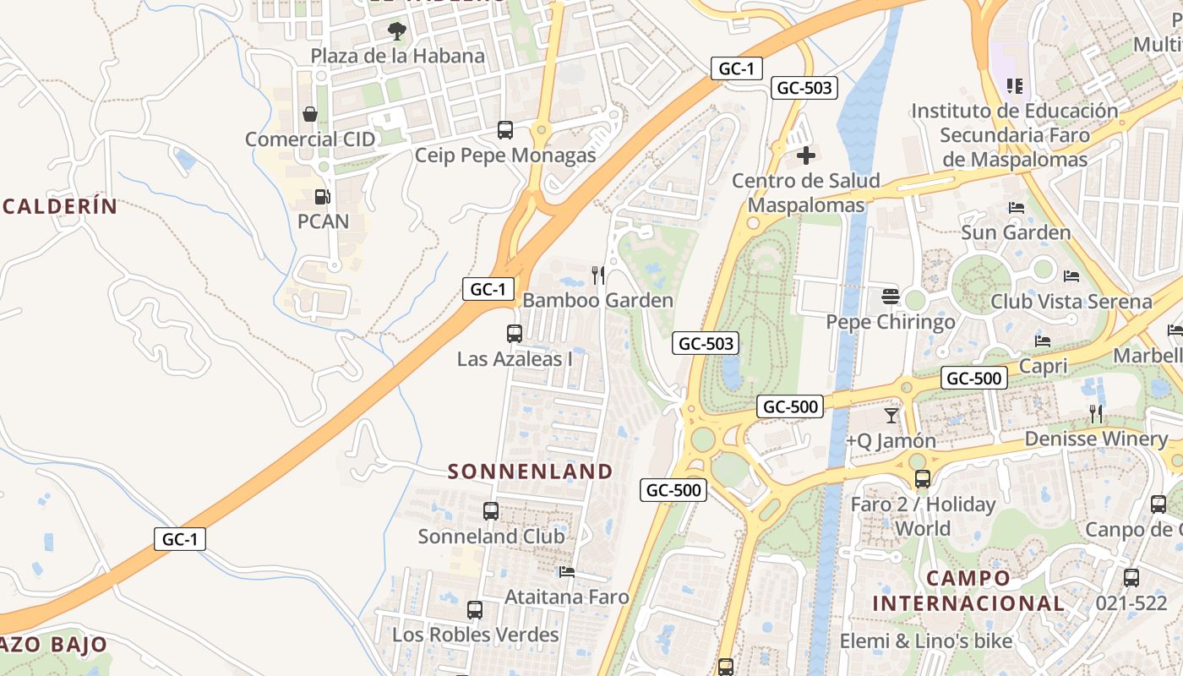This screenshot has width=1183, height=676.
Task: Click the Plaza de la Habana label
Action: (x=397, y=56)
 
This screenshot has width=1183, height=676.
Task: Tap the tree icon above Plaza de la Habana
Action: (x=396, y=32)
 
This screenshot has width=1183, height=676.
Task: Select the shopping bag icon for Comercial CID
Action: (x=310, y=114)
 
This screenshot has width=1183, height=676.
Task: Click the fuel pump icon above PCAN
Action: (x=322, y=197)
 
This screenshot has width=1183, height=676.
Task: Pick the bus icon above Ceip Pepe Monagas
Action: (x=505, y=130)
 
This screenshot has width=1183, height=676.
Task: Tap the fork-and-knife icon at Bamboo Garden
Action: (x=598, y=275)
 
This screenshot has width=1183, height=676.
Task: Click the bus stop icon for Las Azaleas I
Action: (x=515, y=334)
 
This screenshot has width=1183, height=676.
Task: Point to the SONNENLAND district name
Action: (x=530, y=472)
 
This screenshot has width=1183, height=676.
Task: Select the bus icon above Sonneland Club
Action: (x=491, y=511)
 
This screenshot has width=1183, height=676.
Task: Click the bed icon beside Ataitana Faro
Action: (x=567, y=572)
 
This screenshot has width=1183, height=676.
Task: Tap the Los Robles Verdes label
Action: (x=476, y=634)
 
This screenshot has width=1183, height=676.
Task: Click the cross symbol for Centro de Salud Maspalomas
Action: (x=806, y=155)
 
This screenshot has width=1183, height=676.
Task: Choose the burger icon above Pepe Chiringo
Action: (x=890, y=297)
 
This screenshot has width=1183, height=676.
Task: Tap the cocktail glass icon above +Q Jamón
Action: (x=891, y=416)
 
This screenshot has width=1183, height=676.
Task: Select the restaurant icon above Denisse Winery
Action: (x=1096, y=413)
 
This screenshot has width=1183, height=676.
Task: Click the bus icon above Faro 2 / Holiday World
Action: (x=922, y=479)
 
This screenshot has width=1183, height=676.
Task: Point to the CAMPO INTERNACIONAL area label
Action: (x=968, y=591)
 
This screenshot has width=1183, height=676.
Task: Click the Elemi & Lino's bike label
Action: (x=925, y=641)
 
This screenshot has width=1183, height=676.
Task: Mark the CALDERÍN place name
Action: (x=59, y=206)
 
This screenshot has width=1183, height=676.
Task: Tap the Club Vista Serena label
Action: (x=1071, y=302)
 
